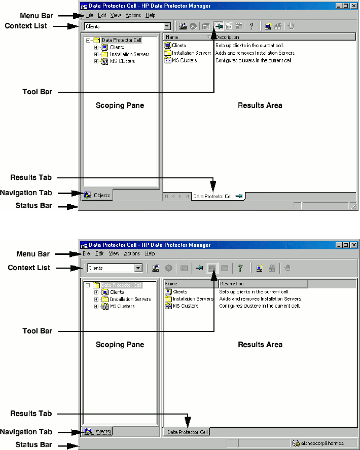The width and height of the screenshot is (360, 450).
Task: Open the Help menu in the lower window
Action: [150, 253]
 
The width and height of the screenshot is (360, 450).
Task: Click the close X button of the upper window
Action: [354, 6]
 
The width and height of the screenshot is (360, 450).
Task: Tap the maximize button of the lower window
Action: [346, 245]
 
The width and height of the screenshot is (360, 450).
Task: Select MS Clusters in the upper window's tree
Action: [122, 61]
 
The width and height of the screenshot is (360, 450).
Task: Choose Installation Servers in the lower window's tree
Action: [130, 299]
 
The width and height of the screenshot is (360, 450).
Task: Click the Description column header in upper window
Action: [227, 37]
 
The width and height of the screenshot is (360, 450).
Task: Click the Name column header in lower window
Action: [171, 284]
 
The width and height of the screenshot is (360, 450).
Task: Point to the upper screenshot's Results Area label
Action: [260, 105]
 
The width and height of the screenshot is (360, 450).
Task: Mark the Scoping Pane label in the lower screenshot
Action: [120, 345]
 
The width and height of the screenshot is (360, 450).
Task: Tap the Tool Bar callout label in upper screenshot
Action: [37, 92]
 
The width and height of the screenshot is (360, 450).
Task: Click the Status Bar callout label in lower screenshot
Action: [33, 445]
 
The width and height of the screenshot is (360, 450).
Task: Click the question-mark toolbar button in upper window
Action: [251, 26]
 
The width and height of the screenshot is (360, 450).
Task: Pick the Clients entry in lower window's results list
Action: [180, 292]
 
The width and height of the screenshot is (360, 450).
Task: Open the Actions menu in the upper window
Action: [132, 15]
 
